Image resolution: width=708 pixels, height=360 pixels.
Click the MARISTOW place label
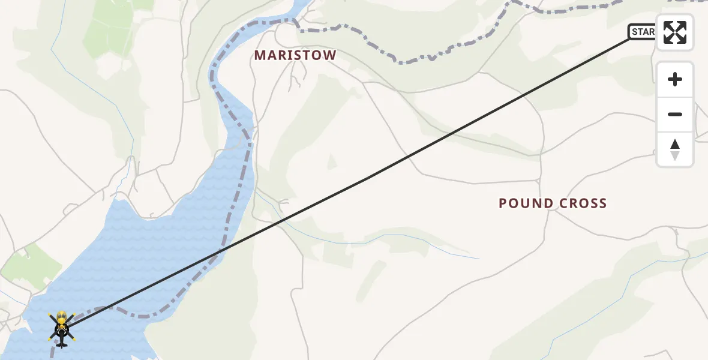pos(295,55)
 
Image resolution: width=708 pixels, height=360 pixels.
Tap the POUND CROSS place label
pos(553,203)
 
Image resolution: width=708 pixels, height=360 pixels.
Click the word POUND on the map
pos(526,203)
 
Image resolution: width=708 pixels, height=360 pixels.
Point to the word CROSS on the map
pos(583,203)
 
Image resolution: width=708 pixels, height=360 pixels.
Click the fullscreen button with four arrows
pos(674,32)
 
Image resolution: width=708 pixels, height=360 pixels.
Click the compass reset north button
pos(674,149)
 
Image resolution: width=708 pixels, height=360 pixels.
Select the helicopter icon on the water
pos(61,329)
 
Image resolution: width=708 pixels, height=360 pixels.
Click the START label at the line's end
pos(643,32)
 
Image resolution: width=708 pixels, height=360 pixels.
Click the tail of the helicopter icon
pos(61,344)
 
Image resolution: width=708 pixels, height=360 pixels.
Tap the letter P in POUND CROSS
pos(503,203)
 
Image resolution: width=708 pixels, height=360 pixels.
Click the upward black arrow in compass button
pos(674,144)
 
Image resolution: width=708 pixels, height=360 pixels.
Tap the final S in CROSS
pos(603,203)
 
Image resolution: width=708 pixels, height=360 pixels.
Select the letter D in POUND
pos(548,203)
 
